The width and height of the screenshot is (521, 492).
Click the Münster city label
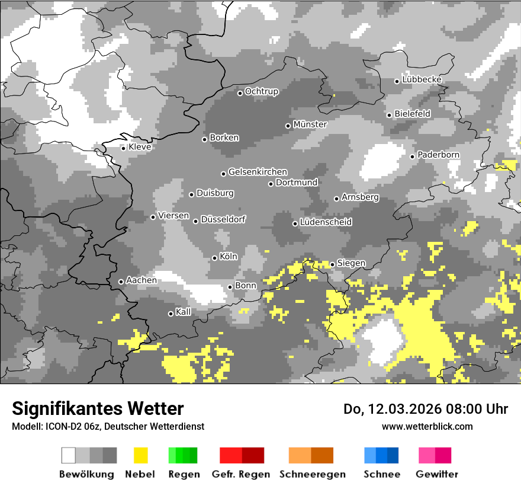[310, 124]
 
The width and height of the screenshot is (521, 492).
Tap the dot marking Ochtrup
[240, 92]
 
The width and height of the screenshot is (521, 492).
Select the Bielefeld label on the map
[413, 113]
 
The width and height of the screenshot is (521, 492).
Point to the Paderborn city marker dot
[413, 156]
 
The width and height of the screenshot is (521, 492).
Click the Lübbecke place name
[422, 79]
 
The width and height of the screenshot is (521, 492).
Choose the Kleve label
[140, 146]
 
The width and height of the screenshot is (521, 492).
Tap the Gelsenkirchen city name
[258, 172]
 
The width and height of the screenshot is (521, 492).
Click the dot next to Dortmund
[271, 184]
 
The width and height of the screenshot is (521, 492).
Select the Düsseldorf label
[223, 219]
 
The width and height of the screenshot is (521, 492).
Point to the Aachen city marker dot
[121, 282]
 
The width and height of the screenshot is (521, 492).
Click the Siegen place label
[351, 263]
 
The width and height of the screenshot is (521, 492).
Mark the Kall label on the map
[184, 312]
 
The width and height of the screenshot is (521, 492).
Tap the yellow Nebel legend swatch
[140, 455]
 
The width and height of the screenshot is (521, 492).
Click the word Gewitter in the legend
[437, 474]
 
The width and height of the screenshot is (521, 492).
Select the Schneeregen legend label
[313, 474]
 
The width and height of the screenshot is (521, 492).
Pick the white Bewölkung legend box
[69, 455]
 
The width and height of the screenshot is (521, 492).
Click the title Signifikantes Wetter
[98, 408]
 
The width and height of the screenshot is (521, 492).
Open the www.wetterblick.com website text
[427, 426]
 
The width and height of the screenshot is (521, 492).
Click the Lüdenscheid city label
[326, 222]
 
